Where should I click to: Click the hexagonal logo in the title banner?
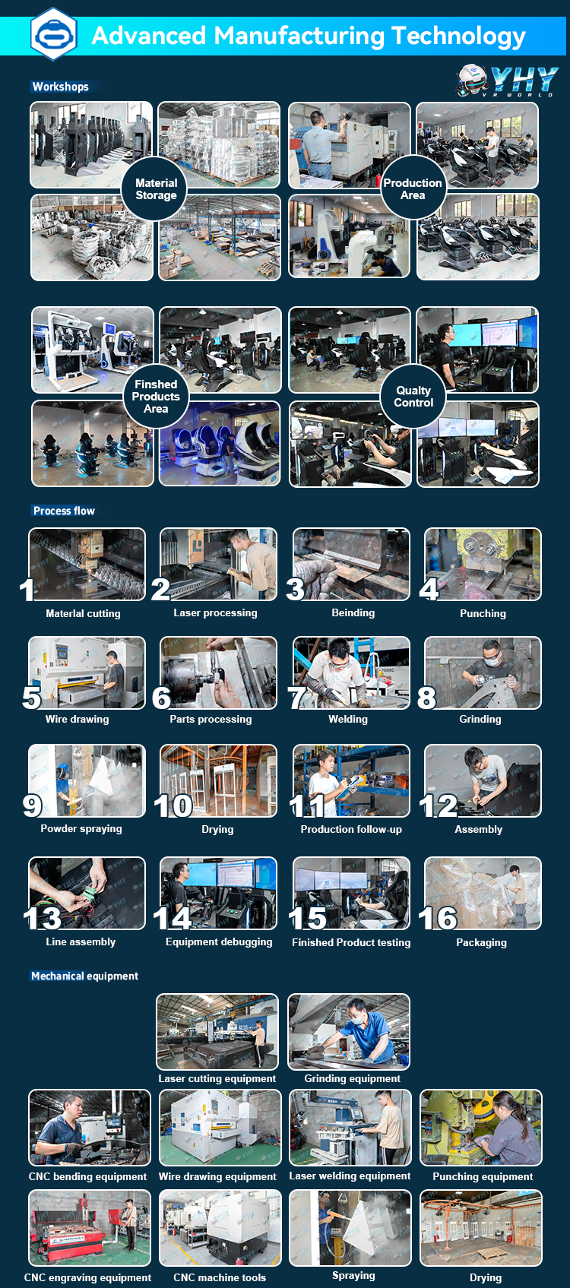53,34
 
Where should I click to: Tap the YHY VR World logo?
507,81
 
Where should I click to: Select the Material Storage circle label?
155,189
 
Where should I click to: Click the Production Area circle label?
413,188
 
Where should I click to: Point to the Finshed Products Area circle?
156,396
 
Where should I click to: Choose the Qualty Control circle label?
413,396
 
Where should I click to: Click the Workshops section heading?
60,87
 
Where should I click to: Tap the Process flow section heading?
64,511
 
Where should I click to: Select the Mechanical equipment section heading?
84,976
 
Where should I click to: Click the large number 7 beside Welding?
297,698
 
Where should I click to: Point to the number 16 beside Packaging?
438,918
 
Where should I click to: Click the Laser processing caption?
215,613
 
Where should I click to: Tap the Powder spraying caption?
81,828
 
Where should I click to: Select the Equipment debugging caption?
219,941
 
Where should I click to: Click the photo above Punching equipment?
481,1128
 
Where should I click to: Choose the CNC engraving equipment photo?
90,1228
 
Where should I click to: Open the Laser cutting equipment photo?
217,1032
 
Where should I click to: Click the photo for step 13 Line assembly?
87,893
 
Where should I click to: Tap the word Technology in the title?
458,36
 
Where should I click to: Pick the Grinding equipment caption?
352,1079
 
